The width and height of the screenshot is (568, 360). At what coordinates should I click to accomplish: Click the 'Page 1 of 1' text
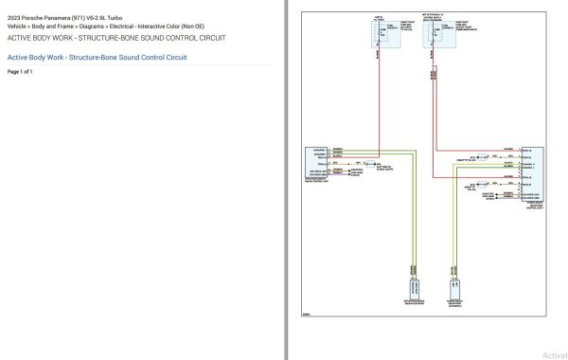pos(20,72)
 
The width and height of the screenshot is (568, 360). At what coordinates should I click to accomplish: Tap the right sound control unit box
pos(531,173)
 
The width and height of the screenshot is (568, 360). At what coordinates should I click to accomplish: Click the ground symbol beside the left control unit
pos(344,162)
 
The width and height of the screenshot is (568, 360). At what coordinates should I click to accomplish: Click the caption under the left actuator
pos(414,302)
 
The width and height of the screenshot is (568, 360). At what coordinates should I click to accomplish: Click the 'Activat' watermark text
pos(554,354)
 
